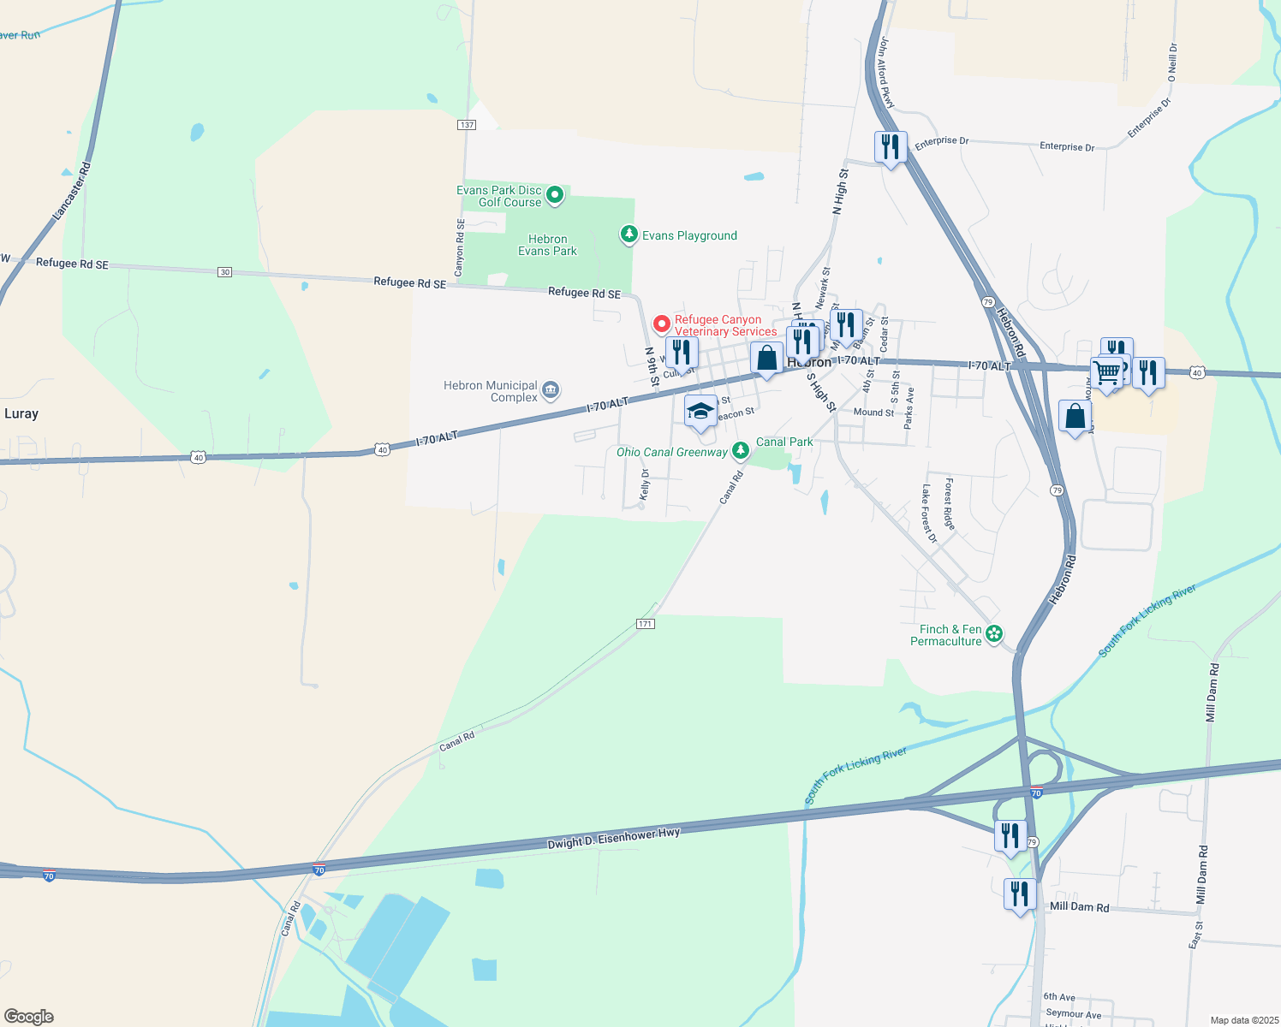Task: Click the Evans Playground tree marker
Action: (x=629, y=234)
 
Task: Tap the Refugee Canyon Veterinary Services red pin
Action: (x=661, y=324)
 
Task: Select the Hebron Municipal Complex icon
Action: (x=551, y=391)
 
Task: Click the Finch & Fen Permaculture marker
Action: (x=994, y=634)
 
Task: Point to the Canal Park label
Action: (x=784, y=442)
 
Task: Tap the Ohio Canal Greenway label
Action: (x=672, y=452)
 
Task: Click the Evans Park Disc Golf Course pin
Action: (x=555, y=195)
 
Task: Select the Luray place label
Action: (x=21, y=413)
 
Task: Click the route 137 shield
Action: (x=466, y=125)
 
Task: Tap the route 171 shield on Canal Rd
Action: (x=646, y=624)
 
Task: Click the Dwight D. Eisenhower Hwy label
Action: (x=613, y=838)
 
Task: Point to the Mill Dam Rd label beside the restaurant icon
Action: (x=1079, y=906)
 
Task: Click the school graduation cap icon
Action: (x=700, y=412)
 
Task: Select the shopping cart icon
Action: (x=1106, y=373)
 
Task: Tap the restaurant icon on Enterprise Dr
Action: (x=891, y=147)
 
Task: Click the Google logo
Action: (x=29, y=1017)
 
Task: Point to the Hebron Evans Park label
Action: (x=547, y=245)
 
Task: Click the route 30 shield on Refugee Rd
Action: (x=224, y=272)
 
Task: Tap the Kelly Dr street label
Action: (x=646, y=484)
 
